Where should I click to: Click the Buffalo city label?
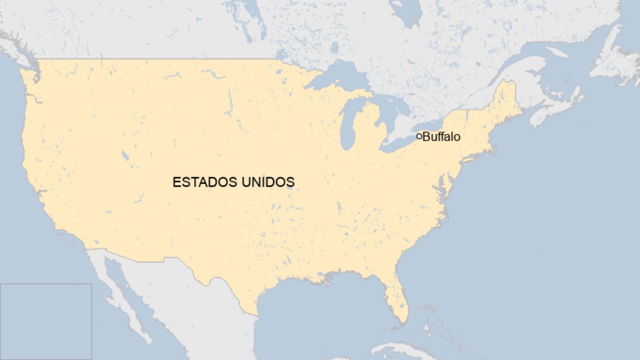pos(442,137)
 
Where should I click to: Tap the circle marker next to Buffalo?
pos(419,136)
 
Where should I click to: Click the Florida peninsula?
pos(396,298)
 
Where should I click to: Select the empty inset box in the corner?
pos(45,322)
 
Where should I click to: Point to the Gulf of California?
pos(118,282)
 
